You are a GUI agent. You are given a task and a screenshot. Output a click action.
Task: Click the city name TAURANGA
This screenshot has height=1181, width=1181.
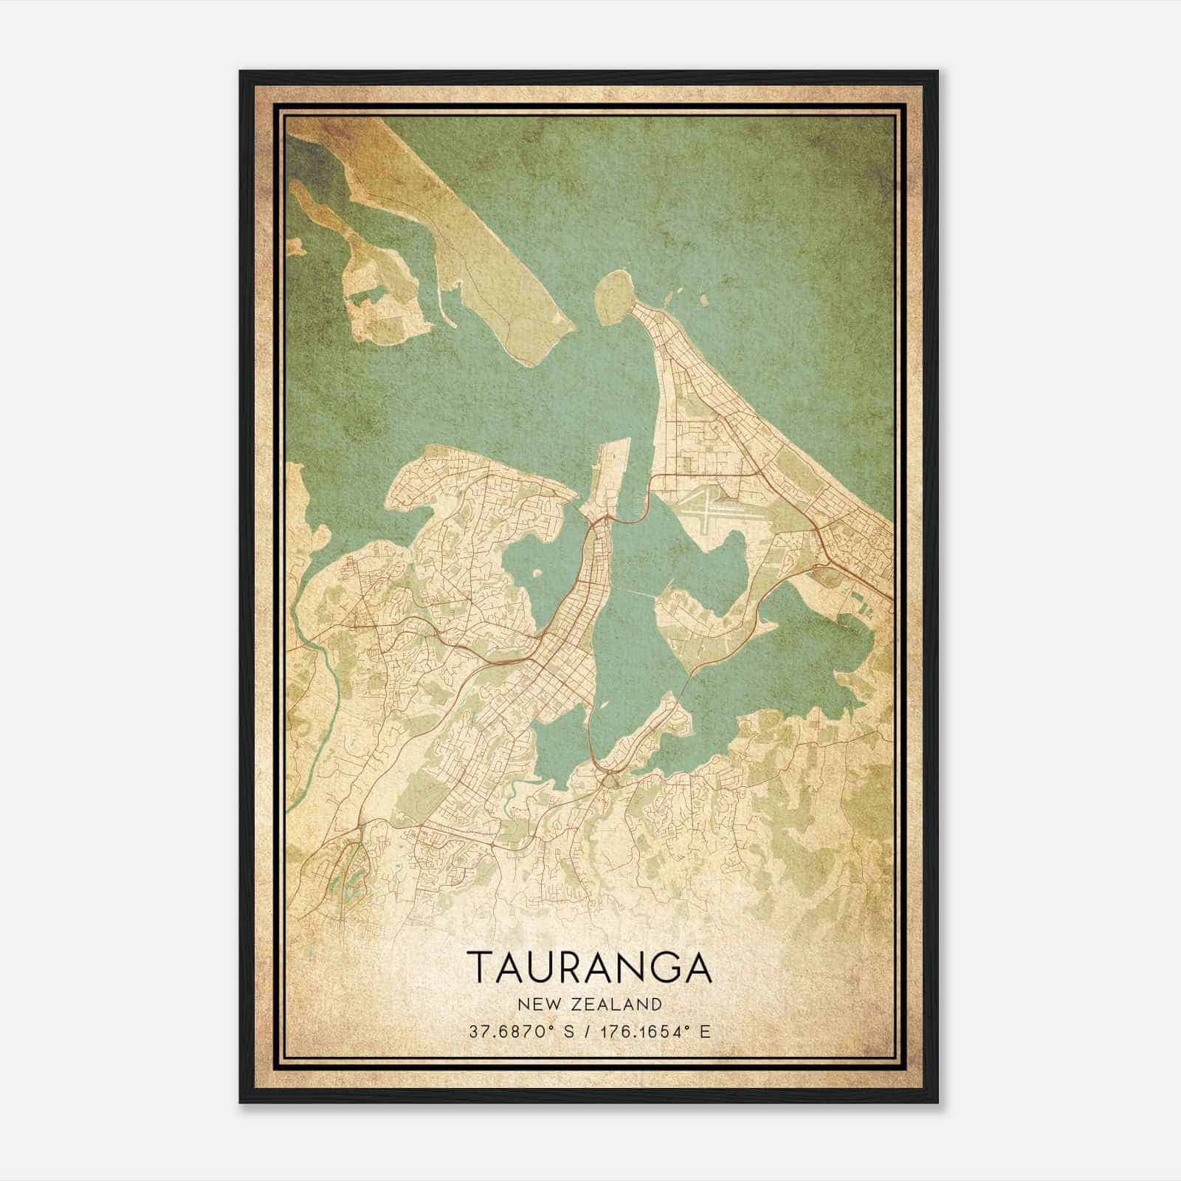click(590, 967)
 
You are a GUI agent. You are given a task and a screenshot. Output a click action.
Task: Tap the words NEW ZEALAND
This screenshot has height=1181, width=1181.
click(590, 1004)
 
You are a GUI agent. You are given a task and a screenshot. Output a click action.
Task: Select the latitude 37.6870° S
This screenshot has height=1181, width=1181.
click(521, 1031)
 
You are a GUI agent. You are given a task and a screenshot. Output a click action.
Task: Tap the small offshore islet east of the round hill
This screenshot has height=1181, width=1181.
click(703, 301)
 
